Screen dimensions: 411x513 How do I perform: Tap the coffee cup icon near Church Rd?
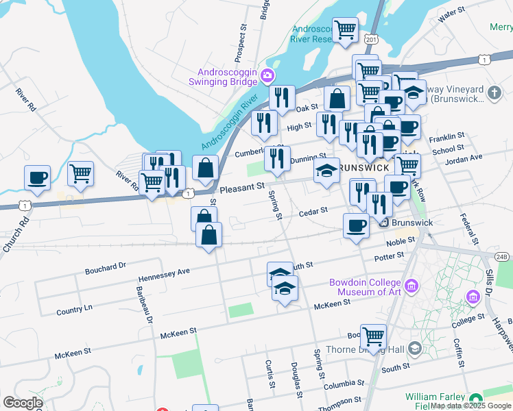coord(37,178)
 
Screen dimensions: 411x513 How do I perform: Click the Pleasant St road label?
coord(241,186)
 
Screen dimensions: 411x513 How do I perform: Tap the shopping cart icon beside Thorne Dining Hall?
coord(373,336)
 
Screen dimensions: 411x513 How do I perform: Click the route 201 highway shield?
coord(371,40)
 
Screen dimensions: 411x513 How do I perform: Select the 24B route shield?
coord(502,256)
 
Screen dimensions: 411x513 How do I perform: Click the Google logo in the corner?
coord(22,402)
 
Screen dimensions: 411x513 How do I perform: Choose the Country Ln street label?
coord(74,310)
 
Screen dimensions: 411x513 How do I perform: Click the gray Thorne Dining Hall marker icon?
coord(414,349)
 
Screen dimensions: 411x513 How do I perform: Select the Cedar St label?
coord(313,213)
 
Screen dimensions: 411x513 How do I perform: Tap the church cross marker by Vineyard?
coord(493,92)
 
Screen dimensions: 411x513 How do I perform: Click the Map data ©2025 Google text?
coord(470,406)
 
